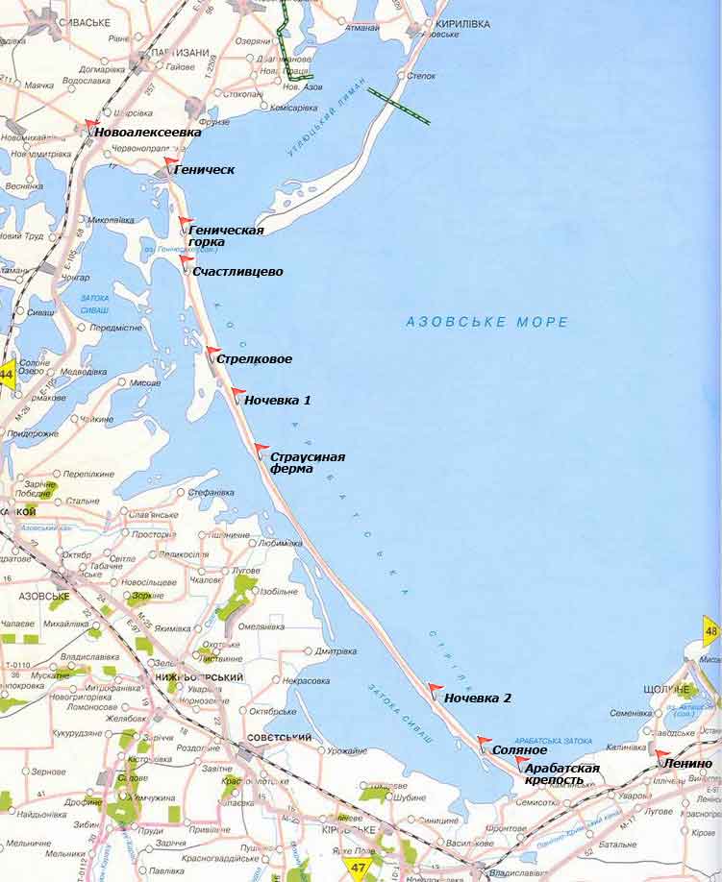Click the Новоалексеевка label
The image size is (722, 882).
[148, 132]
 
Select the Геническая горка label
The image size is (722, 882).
[226, 235]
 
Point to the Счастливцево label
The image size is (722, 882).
[237, 272]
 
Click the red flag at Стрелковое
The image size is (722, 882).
[212, 351]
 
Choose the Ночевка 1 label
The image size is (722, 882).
[277, 400]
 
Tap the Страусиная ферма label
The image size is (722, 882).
[307, 463]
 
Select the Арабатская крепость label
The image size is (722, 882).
[562, 773]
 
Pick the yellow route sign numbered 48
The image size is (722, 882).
[711, 631]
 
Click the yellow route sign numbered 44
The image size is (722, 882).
[7, 374]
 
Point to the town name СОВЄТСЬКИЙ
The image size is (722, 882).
[279, 737]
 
